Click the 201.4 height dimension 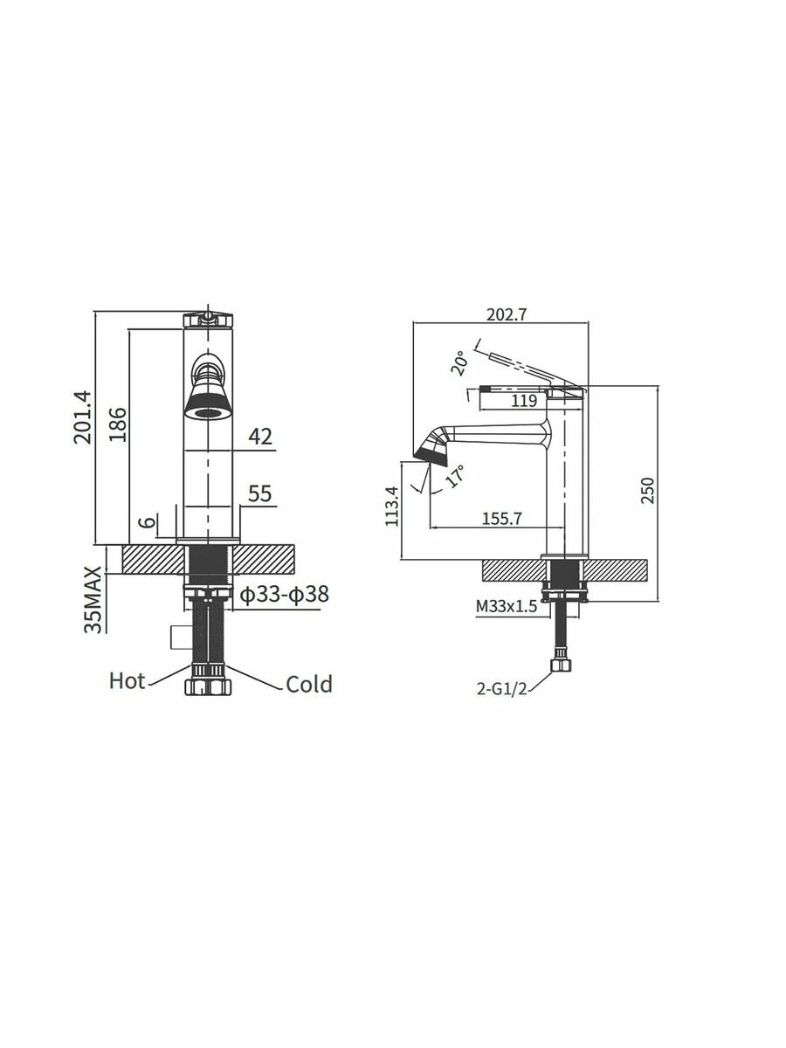83,417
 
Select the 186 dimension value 117,424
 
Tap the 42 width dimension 260,437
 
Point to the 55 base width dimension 260,493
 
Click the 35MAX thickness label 93,600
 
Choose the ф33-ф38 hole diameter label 285,595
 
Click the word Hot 127,681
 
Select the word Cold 309,684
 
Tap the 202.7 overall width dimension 506,314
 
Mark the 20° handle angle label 459,364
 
